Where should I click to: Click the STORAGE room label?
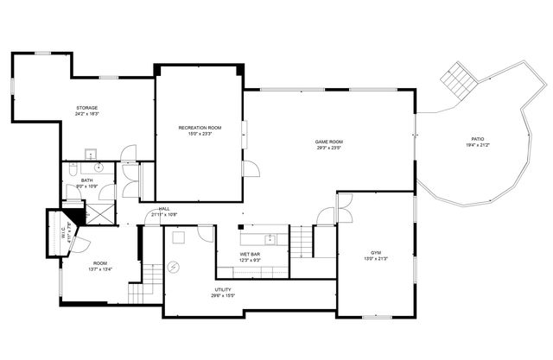tap(86, 108)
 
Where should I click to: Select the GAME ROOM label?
tap(328, 142)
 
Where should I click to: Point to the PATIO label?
tap(477, 139)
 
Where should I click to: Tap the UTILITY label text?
tap(223, 289)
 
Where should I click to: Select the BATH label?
tap(87, 180)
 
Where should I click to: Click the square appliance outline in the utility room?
tap(180, 237)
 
